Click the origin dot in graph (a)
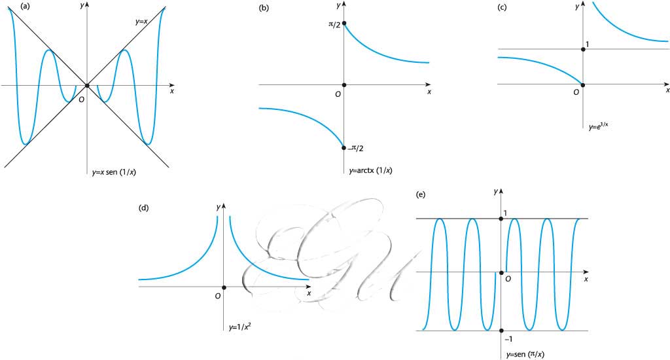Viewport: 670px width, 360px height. click(x=87, y=86)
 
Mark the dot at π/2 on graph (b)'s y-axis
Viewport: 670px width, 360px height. click(x=344, y=23)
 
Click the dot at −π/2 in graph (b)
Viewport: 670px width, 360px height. click(x=344, y=148)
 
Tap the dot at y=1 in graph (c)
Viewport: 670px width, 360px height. click(x=583, y=49)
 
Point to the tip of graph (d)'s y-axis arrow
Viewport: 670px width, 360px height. click(x=224, y=204)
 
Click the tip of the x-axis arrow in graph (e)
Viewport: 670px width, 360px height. click(x=589, y=272)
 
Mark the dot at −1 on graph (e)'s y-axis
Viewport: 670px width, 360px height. click(x=501, y=331)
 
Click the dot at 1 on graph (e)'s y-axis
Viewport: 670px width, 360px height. click(x=501, y=219)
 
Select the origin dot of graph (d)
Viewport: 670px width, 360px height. click(x=224, y=287)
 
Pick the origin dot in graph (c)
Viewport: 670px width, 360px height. click(x=583, y=84)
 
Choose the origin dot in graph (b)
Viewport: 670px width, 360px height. click(x=344, y=85)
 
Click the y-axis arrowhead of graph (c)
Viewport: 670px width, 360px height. click(x=583, y=4)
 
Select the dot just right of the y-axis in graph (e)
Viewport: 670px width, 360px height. click(x=502, y=272)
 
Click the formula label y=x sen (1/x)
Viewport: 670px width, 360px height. click(x=114, y=173)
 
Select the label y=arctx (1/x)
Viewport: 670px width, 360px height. click(x=370, y=171)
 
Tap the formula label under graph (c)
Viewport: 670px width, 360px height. click(x=598, y=126)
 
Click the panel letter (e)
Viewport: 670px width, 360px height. click(x=421, y=194)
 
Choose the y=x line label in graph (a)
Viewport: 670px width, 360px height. click(x=141, y=21)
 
